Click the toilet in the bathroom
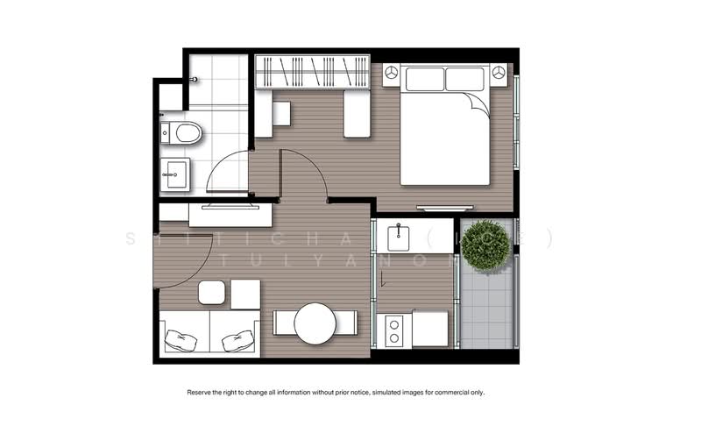click(184, 133)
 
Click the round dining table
click(315, 323)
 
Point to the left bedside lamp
click(391, 73)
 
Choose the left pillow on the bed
click(424, 80)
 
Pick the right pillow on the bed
click(465, 80)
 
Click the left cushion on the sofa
click(181, 339)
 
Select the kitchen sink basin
click(398, 236)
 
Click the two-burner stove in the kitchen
click(393, 330)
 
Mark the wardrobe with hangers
click(312, 71)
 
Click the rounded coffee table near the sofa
click(212, 292)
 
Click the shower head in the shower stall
click(194, 79)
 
